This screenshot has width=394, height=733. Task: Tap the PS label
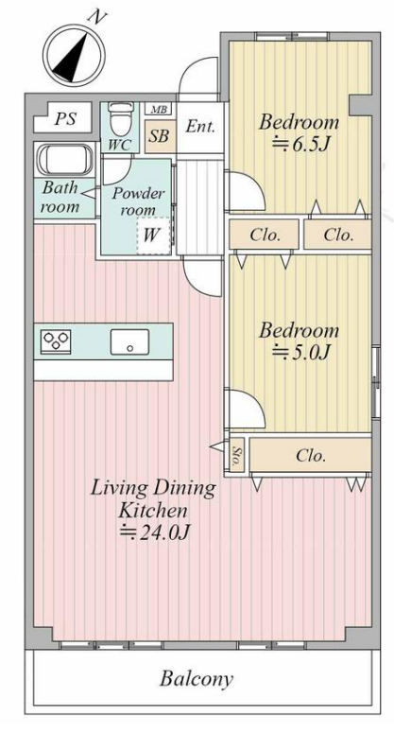(x=65, y=118)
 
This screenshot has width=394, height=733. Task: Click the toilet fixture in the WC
(x=120, y=117)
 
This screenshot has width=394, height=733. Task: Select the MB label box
(x=159, y=109)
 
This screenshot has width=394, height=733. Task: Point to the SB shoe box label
(x=159, y=136)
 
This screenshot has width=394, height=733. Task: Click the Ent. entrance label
(x=200, y=126)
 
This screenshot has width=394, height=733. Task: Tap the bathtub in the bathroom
(x=64, y=160)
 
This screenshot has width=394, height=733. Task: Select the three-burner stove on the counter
(x=56, y=340)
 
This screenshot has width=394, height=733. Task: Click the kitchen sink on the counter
(x=129, y=341)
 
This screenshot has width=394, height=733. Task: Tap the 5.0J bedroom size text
(x=300, y=352)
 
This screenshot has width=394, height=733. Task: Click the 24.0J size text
(x=156, y=532)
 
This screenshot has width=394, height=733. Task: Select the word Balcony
(x=196, y=678)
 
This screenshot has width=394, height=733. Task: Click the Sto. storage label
(x=236, y=454)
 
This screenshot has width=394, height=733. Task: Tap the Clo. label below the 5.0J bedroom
(x=311, y=455)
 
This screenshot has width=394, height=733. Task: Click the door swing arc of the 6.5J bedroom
(x=254, y=183)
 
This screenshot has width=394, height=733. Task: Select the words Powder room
(x=138, y=201)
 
